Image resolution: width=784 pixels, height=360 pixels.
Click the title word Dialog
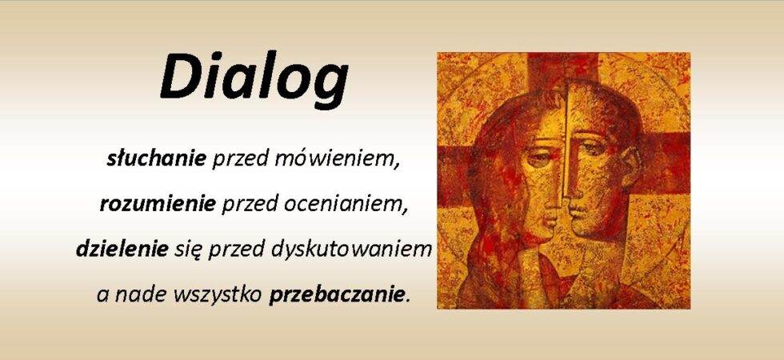point(254,78)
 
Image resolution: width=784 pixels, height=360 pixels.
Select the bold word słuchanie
point(157,158)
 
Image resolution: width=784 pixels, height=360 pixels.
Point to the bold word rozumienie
point(158,204)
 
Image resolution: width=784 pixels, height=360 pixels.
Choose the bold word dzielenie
point(122,249)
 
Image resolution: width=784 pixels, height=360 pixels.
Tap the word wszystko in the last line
point(218,295)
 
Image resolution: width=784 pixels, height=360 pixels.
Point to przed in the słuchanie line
point(241,159)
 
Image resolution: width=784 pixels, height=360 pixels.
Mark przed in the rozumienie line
point(250,205)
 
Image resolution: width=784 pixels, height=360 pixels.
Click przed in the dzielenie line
point(237,250)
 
